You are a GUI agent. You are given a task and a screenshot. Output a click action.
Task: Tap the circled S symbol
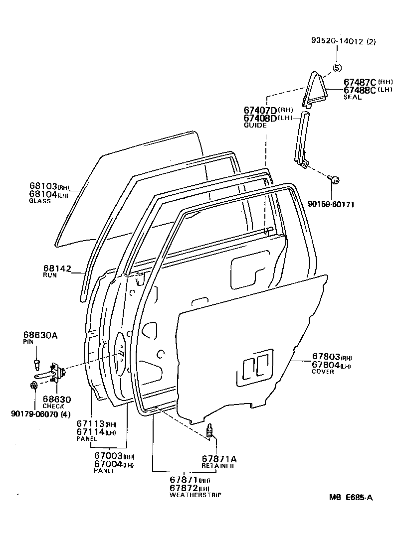click(x=337, y=68)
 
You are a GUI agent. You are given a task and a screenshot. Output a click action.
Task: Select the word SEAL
click(x=352, y=98)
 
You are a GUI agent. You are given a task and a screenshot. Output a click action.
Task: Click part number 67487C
click(x=360, y=82)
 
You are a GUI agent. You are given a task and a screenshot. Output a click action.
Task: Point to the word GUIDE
click(x=255, y=126)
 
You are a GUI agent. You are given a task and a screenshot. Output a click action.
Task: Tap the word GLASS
click(x=40, y=201)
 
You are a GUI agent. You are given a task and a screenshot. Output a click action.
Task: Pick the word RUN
click(x=49, y=275)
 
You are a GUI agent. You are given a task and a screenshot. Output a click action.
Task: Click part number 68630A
click(x=40, y=335)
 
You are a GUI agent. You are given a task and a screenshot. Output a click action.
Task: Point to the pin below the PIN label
click(x=36, y=361)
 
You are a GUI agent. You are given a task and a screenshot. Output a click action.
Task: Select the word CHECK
click(x=53, y=406)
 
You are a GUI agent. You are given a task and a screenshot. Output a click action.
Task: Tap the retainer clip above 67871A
click(x=210, y=431)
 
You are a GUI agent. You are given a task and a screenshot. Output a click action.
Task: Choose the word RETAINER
click(x=217, y=466)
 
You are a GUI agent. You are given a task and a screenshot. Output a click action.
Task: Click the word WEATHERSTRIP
click(x=195, y=495)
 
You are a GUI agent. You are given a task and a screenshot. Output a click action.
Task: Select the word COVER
click(x=323, y=372)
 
